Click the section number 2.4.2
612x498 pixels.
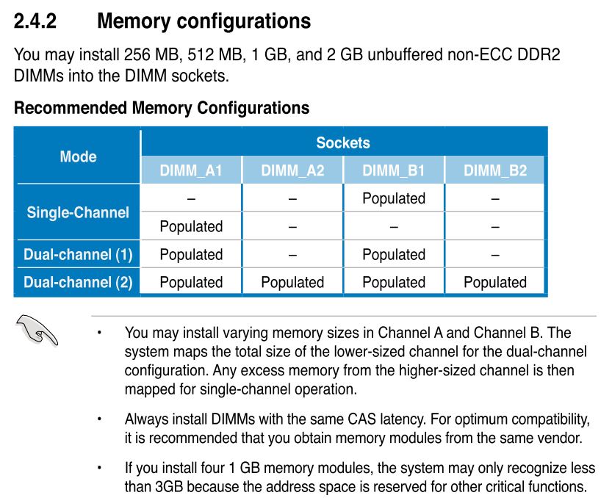point(35,21)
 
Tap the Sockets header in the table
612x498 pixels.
point(343,142)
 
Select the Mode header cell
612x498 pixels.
point(78,156)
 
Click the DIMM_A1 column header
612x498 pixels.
point(191,170)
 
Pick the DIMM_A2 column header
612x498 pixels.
point(292,170)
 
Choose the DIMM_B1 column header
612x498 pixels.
point(394,170)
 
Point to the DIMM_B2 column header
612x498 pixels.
point(495,170)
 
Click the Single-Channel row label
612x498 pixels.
point(78,213)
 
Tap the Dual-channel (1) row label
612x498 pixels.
point(78,254)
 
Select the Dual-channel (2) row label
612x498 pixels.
point(78,282)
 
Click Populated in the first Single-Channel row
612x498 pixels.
point(394,198)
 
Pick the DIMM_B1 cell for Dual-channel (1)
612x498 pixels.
point(394,255)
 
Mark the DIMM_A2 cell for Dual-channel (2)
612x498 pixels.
point(292,283)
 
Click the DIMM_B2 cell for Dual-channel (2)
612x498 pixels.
point(495,283)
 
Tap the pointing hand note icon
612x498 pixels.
point(37,331)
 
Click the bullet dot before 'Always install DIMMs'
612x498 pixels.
point(99,419)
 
